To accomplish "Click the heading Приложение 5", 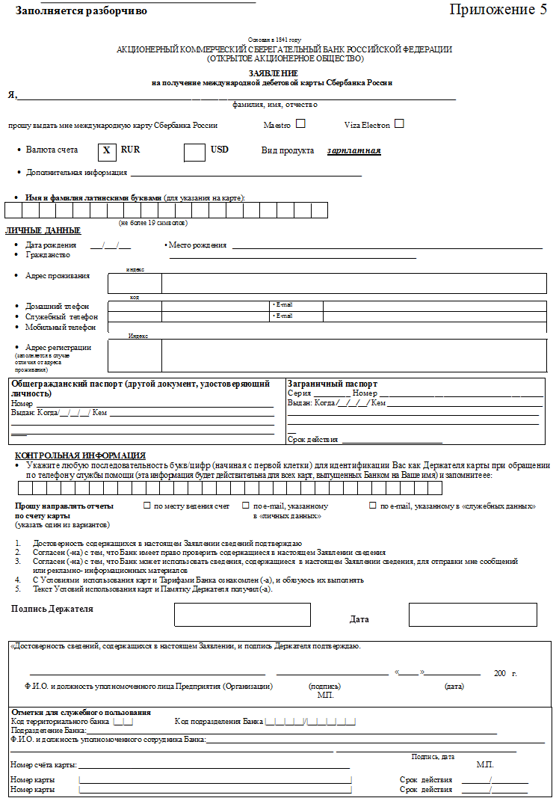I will (498, 10).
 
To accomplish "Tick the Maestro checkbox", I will (300, 123).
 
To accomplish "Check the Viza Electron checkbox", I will (399, 123).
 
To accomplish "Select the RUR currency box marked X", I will (107, 150).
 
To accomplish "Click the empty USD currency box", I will (194, 150).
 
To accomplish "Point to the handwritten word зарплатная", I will (353, 151).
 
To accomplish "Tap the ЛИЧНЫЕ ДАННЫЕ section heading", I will (43, 230).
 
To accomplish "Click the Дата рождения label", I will (51, 245).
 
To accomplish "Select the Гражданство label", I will (48, 255).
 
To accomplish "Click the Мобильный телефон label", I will (61, 327).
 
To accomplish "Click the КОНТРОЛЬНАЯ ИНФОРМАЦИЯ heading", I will (80, 455).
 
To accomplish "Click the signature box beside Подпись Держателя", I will (242, 614).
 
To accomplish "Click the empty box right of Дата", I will (472, 614).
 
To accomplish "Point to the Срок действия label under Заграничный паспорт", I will (312, 440).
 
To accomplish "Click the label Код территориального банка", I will (60, 722).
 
